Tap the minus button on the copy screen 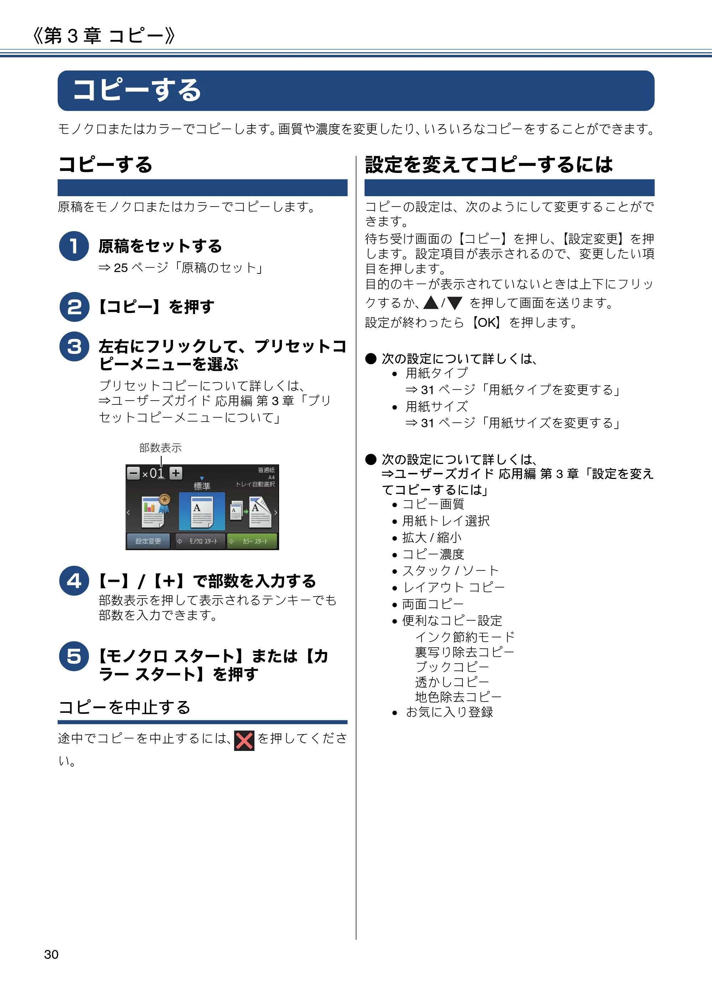133,473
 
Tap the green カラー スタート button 252,541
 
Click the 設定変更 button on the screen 148,541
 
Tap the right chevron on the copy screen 275,512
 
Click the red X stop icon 244,741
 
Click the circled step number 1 74,246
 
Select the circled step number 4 74,581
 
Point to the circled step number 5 74,656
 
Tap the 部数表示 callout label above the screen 160,448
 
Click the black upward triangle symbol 431,303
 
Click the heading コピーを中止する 124,707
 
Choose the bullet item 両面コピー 433,604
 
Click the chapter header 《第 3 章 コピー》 104,35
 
